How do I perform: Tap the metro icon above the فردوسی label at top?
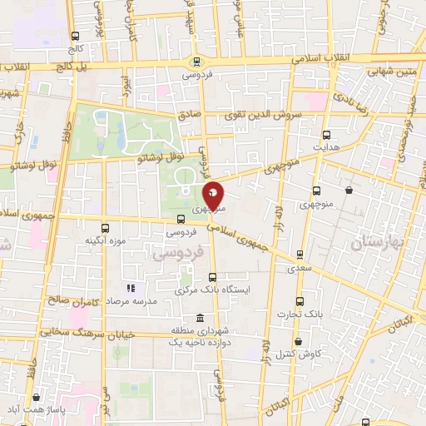(x=196, y=60)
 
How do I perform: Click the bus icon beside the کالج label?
(x=77, y=36)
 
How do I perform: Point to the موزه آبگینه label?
(x=105, y=241)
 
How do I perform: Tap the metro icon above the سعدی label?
(x=299, y=255)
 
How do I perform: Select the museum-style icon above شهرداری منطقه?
(x=199, y=319)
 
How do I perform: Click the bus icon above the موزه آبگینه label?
(x=105, y=227)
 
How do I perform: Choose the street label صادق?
(x=188, y=118)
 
